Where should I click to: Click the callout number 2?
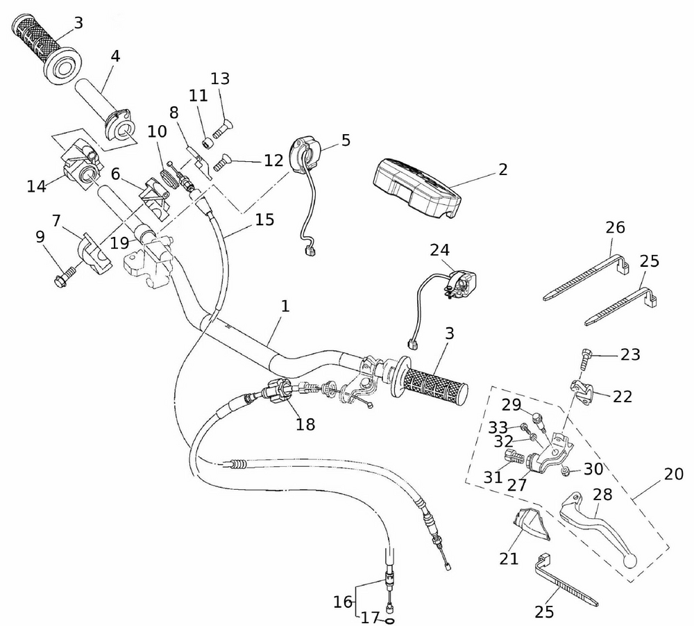click(x=503, y=169)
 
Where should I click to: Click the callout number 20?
click(x=674, y=474)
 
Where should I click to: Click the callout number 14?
click(x=36, y=186)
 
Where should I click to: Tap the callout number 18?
click(x=305, y=425)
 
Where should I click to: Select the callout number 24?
click(x=439, y=249)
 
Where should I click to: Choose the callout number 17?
click(x=370, y=617)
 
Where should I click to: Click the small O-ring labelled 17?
click(x=389, y=621)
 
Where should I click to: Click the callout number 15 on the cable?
click(x=264, y=220)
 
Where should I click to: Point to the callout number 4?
click(x=115, y=56)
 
